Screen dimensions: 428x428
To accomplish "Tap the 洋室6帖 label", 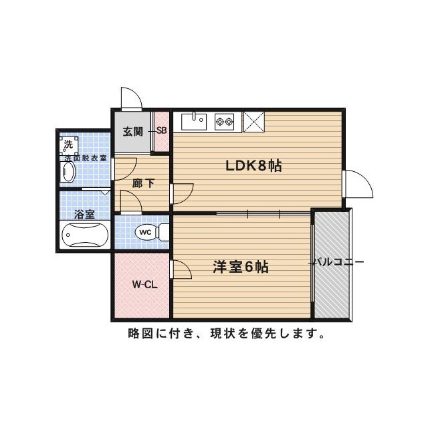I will click(x=241, y=267).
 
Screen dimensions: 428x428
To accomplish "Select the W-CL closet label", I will click(x=144, y=284).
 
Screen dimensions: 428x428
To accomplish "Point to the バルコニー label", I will click(x=339, y=262).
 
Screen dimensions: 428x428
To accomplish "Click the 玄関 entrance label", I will click(x=132, y=131).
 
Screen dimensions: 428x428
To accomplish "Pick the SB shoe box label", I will click(x=162, y=131).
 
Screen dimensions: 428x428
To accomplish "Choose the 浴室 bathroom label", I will click(x=84, y=215).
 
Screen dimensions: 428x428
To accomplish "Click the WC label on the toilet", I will click(x=144, y=232).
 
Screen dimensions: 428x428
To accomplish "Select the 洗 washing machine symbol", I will click(x=68, y=144).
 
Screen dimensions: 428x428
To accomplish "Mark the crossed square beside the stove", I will click(x=254, y=122).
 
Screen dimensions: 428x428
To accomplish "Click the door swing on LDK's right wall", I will click(x=358, y=183).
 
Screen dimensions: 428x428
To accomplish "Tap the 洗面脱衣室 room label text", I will click(x=83, y=158).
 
